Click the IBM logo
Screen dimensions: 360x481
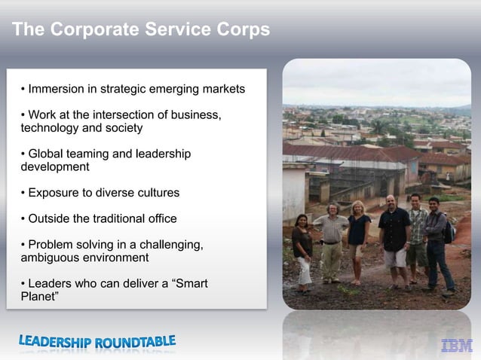point(456,346)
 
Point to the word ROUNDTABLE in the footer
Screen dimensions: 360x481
point(135,342)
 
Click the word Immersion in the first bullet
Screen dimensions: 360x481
point(57,89)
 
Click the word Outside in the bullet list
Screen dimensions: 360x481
point(49,219)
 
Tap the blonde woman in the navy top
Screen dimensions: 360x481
point(358,237)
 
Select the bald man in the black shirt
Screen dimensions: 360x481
point(394,237)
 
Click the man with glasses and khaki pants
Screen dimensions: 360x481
point(332,241)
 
